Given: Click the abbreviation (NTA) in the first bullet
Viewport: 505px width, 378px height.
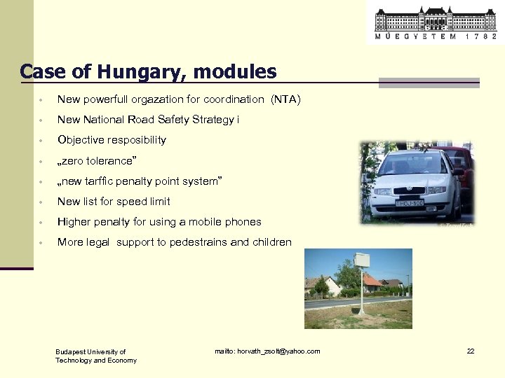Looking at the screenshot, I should [285, 99].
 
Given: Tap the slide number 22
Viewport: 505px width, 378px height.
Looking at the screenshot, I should [471, 351].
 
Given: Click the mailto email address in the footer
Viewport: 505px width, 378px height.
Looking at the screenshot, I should [267, 351].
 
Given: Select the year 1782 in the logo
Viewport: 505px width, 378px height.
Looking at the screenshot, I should [480, 36].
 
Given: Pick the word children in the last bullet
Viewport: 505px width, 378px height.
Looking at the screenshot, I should [271, 242].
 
